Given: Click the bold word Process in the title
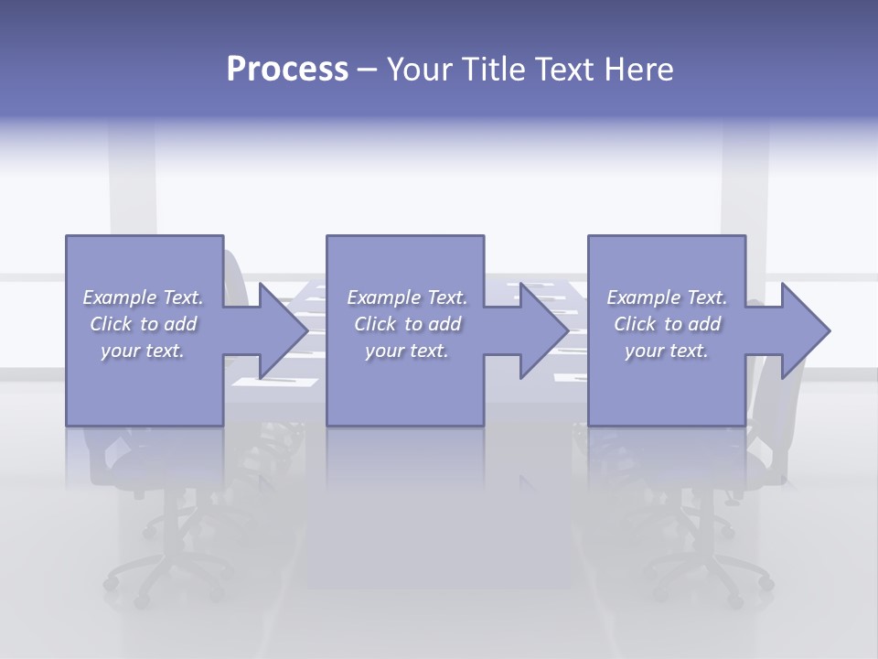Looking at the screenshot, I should (287, 70).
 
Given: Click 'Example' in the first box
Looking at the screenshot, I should (119, 297).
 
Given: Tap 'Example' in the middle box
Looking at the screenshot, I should (383, 297).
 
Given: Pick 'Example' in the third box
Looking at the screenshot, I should (643, 297).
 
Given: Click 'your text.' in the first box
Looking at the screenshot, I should (143, 351).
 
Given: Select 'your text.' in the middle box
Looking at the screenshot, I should (406, 351).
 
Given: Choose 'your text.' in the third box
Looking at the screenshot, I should (667, 351).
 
